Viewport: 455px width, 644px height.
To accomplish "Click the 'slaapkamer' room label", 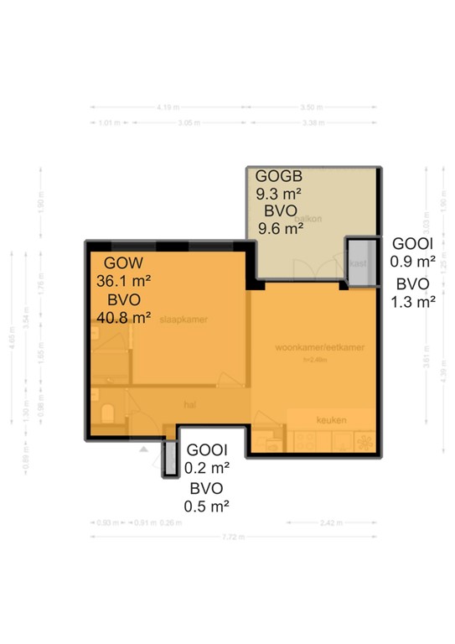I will (184, 319).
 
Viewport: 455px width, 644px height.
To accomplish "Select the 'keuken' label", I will (331, 419).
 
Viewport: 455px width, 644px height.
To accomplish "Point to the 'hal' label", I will (189, 403).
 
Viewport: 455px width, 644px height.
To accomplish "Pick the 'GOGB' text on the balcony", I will (278, 177).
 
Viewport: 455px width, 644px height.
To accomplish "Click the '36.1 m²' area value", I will (121, 280).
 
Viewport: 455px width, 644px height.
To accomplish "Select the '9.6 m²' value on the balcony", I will (279, 228).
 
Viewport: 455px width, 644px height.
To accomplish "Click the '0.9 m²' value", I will (413, 262).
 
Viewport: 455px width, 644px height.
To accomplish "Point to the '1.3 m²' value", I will (413, 302).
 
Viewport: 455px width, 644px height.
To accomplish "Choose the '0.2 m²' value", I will (207, 468).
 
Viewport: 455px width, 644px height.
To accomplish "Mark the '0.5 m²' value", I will (207, 506).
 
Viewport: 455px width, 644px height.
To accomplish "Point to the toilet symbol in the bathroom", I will (106, 413).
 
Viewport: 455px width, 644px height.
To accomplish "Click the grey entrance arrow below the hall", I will (144, 449).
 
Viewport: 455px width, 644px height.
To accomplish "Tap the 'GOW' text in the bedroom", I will (111, 261).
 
